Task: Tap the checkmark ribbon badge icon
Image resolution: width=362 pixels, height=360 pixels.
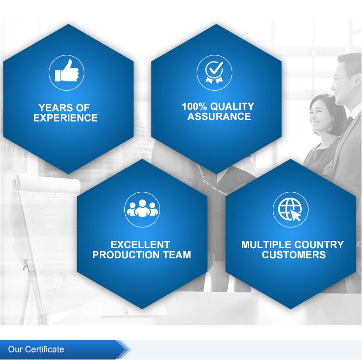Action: click(x=215, y=72)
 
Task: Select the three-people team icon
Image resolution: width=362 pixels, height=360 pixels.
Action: click(x=142, y=208)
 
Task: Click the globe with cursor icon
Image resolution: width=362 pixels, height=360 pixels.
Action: click(x=290, y=210)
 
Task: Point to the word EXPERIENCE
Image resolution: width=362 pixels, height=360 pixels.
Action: click(x=66, y=118)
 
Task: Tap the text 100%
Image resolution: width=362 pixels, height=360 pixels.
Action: click(x=194, y=107)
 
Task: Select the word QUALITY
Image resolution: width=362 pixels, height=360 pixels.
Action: click(x=232, y=107)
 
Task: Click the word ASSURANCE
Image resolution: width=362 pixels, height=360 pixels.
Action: click(x=219, y=116)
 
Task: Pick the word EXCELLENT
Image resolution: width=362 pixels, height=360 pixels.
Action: click(x=140, y=245)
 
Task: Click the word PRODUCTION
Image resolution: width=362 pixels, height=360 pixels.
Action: click(x=126, y=255)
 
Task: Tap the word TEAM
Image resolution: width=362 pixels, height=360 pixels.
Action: click(x=177, y=255)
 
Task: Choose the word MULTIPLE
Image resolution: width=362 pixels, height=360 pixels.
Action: click(x=267, y=245)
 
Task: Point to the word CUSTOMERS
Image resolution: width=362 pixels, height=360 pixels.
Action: click(x=294, y=255)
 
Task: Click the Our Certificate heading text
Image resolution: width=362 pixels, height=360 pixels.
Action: click(x=36, y=349)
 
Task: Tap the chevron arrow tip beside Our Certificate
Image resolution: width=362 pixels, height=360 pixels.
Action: click(x=130, y=349)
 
